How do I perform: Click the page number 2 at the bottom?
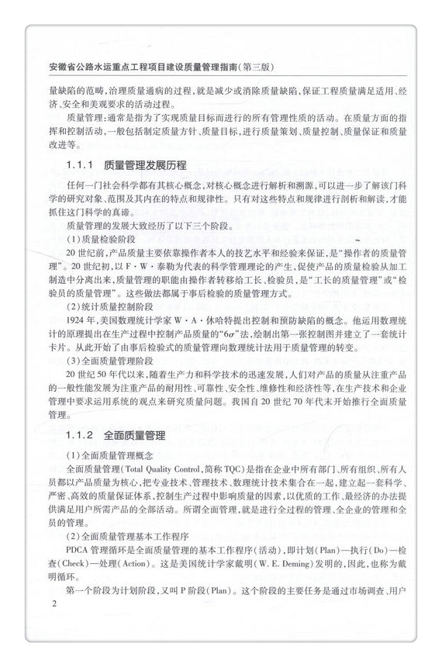click(53, 603)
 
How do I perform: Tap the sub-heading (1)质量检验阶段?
click(97, 239)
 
